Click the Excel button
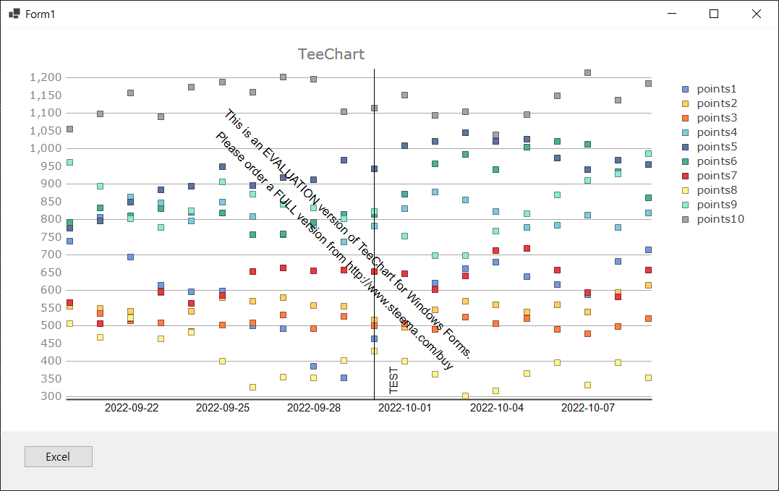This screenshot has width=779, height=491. (x=58, y=457)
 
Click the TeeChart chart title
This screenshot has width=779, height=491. (x=331, y=54)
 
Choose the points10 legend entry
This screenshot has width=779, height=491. (x=720, y=219)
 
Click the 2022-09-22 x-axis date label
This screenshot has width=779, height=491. (x=132, y=408)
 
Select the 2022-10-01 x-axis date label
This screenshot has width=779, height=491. (x=405, y=408)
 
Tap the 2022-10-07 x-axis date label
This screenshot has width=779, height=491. (x=588, y=408)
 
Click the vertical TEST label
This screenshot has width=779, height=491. (x=394, y=380)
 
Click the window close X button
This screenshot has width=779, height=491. (x=757, y=14)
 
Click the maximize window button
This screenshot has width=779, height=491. (x=714, y=14)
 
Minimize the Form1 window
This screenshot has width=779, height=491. (x=672, y=14)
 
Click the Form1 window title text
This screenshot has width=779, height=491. (x=40, y=14)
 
